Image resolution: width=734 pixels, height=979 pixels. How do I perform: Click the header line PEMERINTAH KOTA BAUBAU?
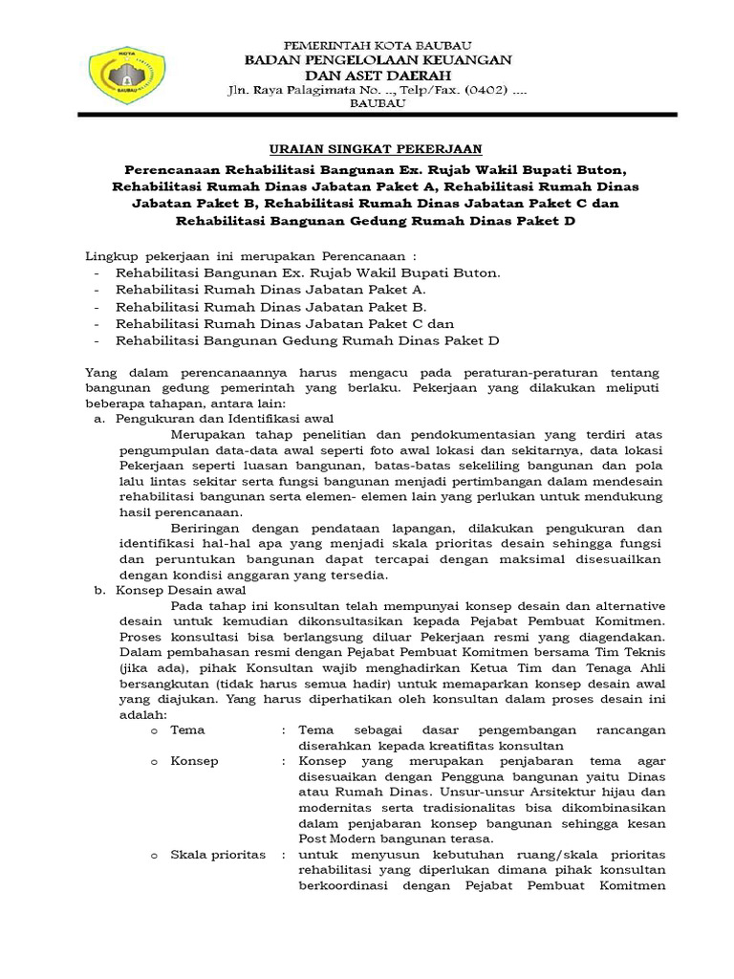pyautogui.click(x=378, y=45)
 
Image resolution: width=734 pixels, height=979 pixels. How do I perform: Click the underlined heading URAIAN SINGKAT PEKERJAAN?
pyautogui.click(x=376, y=148)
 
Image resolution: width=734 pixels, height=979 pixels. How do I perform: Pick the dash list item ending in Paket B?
pyautogui.click(x=270, y=306)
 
